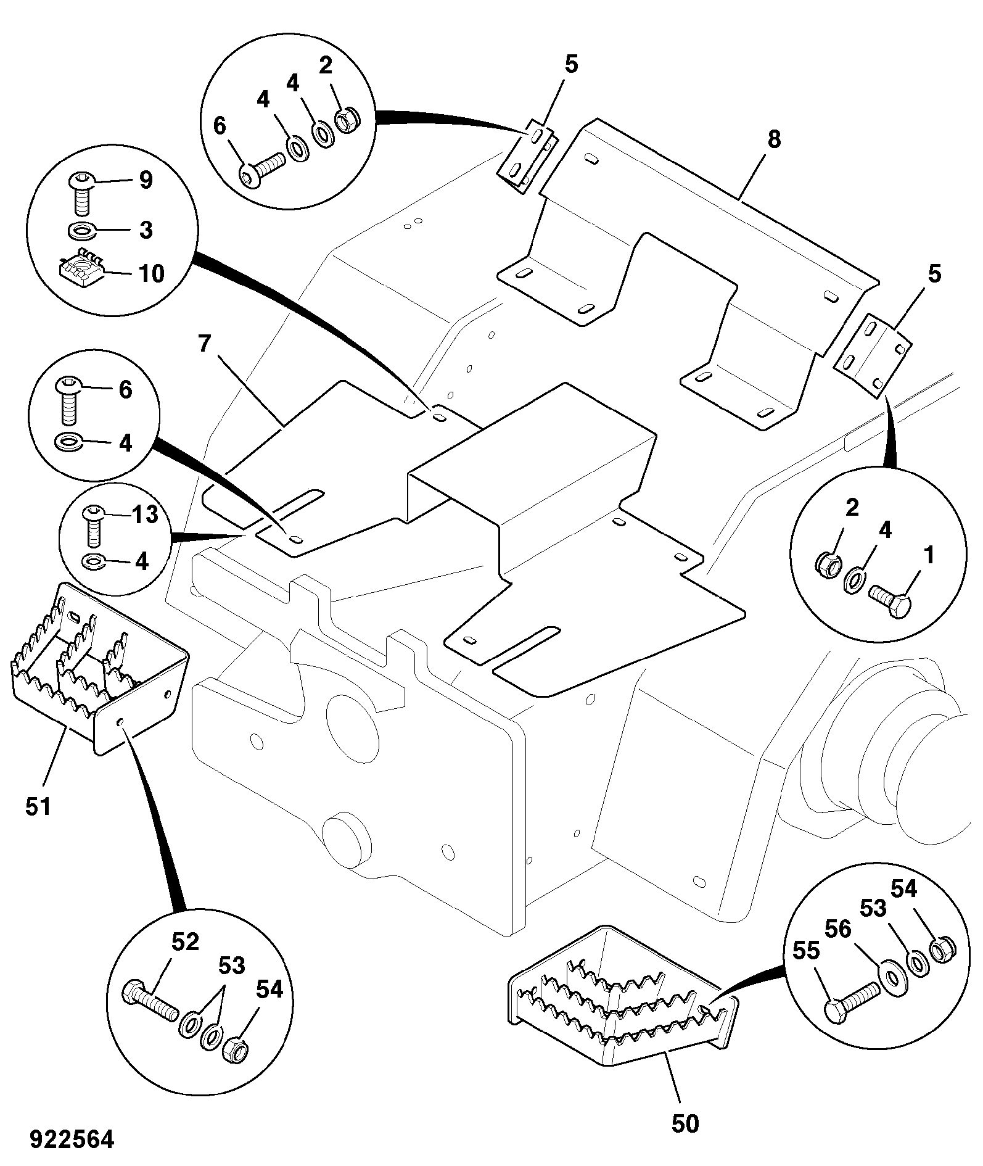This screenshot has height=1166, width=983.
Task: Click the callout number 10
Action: point(152,273)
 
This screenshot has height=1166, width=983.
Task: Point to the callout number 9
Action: point(145,180)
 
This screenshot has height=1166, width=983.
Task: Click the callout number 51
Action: point(38,806)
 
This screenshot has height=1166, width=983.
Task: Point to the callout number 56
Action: point(837,929)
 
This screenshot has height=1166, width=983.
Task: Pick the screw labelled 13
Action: point(93,524)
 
